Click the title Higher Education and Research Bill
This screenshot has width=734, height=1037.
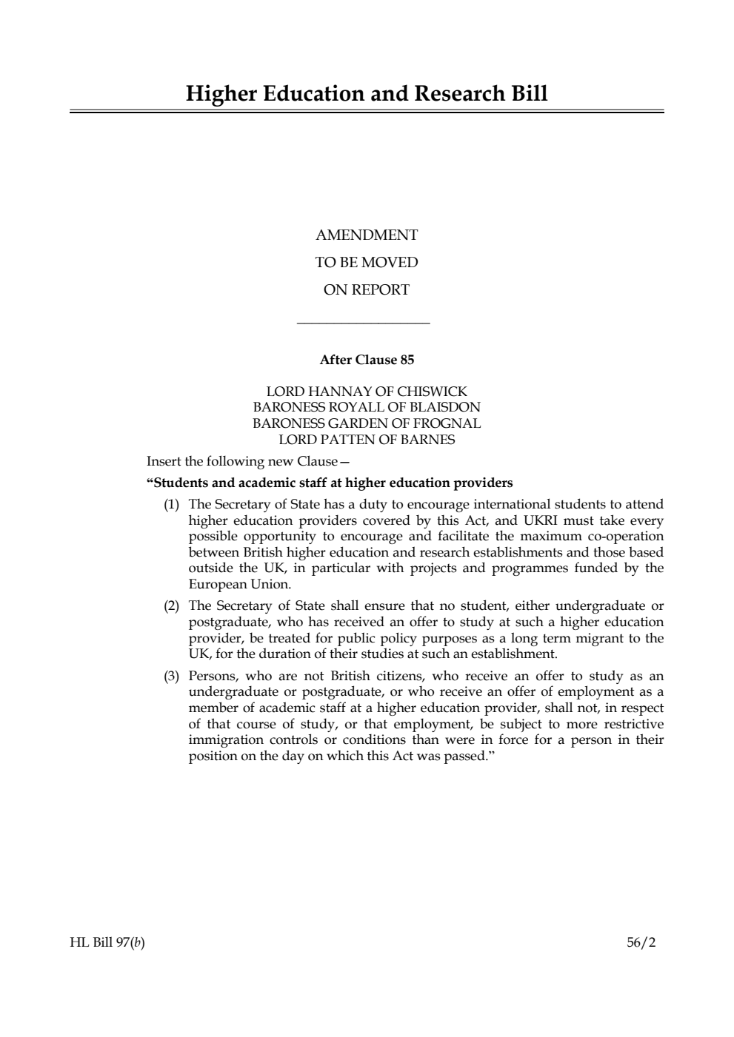[367, 94]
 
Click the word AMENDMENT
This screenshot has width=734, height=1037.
[367, 235]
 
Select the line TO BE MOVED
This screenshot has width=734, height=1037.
[367, 263]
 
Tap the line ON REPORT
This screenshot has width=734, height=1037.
[367, 290]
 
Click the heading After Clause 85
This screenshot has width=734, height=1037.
[367, 360]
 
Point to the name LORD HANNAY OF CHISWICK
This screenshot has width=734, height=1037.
[367, 392]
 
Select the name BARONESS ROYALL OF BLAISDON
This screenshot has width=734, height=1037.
[367, 407]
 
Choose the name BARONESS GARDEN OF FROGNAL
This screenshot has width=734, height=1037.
[367, 423]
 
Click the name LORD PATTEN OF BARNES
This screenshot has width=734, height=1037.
[367, 440]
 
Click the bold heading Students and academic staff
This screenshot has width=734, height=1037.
[330, 483]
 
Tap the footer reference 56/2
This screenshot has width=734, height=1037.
[641, 943]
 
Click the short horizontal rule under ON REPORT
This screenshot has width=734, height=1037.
[363, 323]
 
